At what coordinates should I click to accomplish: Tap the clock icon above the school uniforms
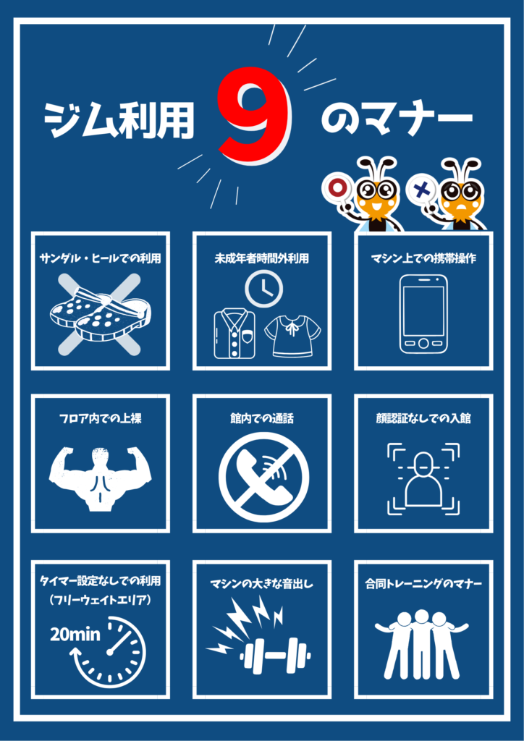263,289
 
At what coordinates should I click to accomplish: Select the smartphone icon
423,314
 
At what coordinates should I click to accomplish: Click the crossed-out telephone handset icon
263,478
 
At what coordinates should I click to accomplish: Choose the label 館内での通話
262,419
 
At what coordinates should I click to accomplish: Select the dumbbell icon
276,656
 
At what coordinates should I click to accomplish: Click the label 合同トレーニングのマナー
423,585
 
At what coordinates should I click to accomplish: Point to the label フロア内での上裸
100,419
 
